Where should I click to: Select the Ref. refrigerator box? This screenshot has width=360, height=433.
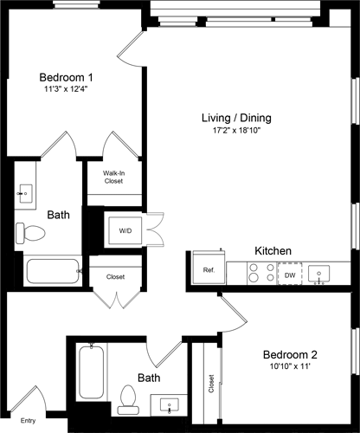tap(209, 269)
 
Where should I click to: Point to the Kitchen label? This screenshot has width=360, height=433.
tap(273, 251)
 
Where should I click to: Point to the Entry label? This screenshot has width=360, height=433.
tap(29, 420)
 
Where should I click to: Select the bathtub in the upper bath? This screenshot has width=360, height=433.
tap(52, 271)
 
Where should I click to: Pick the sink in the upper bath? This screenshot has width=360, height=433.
tap(25, 192)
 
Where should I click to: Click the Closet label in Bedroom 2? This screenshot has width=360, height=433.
tap(211, 381)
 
